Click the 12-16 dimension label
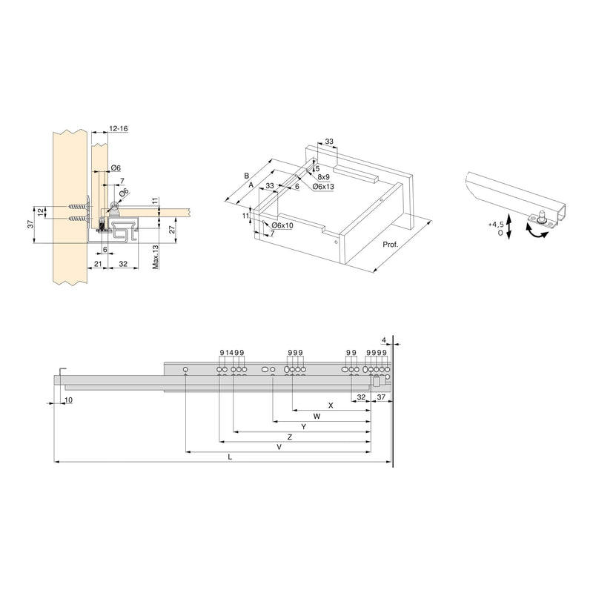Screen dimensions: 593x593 point(118,128)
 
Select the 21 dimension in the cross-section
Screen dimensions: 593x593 point(97,263)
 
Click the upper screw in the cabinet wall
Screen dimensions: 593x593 point(74,206)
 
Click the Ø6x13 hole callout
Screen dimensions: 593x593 point(324,186)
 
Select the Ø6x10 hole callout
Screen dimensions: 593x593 point(282,225)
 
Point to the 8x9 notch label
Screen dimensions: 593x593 point(323,177)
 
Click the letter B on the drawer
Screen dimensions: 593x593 point(246,176)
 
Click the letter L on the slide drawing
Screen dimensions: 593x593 point(230,457)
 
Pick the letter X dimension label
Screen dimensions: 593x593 point(331,405)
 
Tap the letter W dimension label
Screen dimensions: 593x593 point(317,417)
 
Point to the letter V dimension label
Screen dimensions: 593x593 point(279,447)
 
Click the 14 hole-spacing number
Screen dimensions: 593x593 point(230,352)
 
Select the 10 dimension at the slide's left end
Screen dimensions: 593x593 point(68,400)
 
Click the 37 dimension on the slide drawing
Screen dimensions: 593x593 point(382,397)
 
